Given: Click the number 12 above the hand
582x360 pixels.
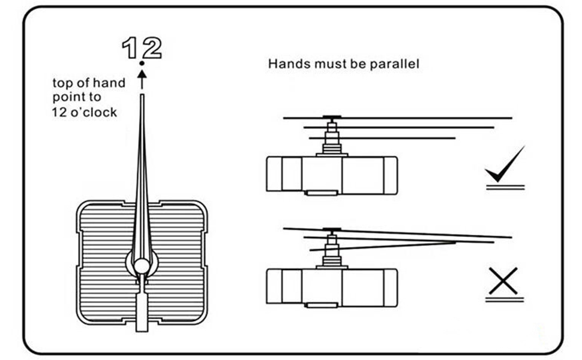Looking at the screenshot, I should [142, 47].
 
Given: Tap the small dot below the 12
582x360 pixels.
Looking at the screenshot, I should [142, 63].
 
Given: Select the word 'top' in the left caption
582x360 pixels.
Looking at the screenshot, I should [62, 83].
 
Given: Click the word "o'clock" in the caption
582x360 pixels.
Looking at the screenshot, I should [93, 112].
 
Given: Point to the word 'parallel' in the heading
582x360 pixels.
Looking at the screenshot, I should [394, 64].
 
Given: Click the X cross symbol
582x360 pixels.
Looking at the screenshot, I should [503, 281].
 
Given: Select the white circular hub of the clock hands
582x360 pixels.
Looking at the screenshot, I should [141, 265].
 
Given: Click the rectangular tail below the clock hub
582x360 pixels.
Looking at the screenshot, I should [142, 312].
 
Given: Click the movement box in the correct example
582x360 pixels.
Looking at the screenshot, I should [332, 175].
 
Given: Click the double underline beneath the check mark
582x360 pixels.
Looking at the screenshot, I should [505, 187].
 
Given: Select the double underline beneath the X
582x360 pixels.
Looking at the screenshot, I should [504, 299].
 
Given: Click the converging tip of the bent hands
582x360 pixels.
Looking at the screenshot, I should [454, 242].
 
